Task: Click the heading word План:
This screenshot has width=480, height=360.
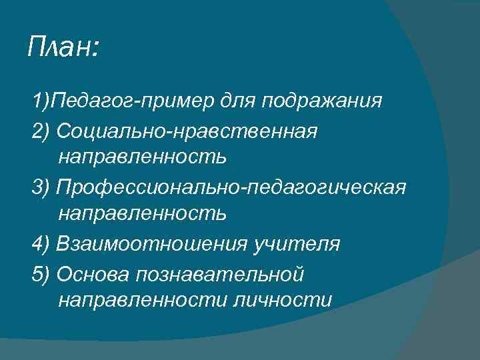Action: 64,47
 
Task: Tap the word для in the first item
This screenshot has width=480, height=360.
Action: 236,101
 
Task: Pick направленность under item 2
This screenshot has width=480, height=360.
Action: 143,158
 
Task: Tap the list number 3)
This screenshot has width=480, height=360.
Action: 41,187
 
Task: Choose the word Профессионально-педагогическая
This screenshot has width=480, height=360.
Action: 231,187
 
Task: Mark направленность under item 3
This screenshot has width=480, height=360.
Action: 143,215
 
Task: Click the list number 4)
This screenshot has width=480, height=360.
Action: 41,244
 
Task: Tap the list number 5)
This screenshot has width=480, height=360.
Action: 41,273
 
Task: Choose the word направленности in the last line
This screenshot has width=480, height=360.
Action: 143,301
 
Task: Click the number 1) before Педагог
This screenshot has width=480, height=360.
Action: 41,101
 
